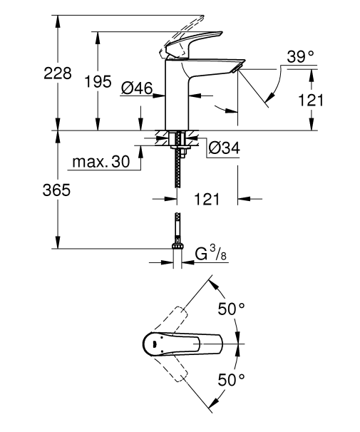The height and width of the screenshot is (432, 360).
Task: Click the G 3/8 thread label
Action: [212, 253]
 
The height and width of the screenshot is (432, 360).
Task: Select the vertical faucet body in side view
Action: [176, 100]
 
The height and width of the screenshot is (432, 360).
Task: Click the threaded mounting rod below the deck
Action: [175, 171]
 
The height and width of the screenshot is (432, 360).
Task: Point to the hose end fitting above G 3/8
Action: [175, 235]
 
